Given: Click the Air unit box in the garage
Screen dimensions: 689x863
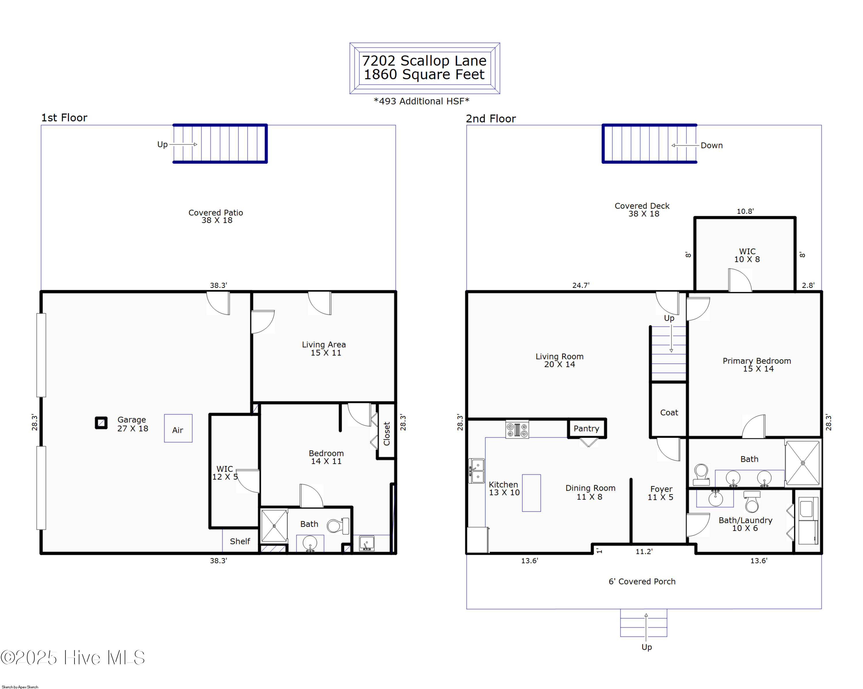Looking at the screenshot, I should pyautogui.click(x=178, y=428).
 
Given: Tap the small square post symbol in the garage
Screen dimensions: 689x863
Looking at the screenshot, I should pyautogui.click(x=101, y=423).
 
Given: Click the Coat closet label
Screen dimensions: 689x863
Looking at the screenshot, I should pyautogui.click(x=669, y=413).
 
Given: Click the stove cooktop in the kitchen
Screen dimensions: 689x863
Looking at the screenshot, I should pyautogui.click(x=517, y=429).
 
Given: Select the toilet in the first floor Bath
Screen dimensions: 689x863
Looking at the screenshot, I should pyautogui.click(x=337, y=526).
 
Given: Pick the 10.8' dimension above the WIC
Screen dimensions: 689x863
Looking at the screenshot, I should pyautogui.click(x=745, y=211).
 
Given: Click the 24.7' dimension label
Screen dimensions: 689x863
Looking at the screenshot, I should pyautogui.click(x=581, y=285).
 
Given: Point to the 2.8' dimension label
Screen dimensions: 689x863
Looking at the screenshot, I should pyautogui.click(x=808, y=285).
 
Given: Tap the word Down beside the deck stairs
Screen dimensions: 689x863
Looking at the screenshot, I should pyautogui.click(x=711, y=145).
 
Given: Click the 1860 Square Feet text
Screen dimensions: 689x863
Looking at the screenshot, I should pyautogui.click(x=424, y=75).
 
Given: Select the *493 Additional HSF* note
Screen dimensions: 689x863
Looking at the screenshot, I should pyautogui.click(x=421, y=101).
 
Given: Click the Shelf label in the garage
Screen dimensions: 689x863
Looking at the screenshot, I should pyautogui.click(x=240, y=541).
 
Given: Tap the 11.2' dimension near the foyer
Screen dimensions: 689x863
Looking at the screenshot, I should pyautogui.click(x=644, y=552).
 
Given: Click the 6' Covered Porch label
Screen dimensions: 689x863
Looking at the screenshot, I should pyautogui.click(x=642, y=581).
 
